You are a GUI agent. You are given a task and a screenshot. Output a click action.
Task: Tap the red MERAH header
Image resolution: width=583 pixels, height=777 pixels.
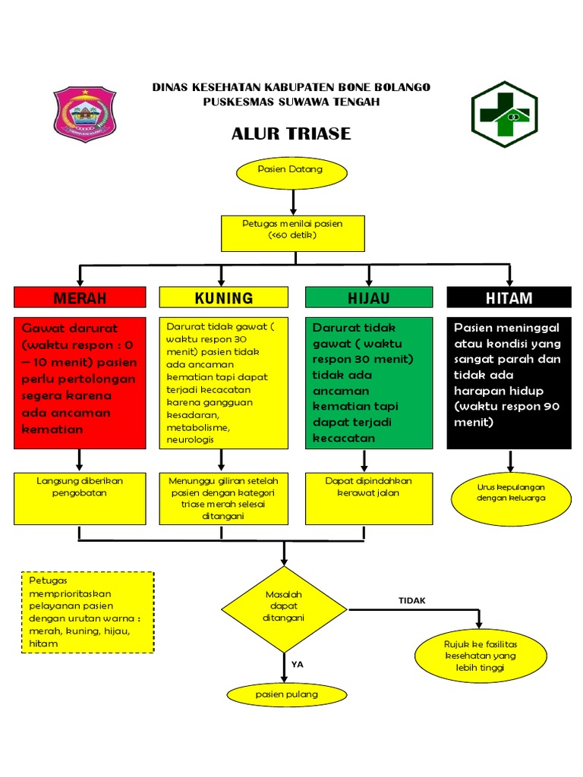coord(80,297)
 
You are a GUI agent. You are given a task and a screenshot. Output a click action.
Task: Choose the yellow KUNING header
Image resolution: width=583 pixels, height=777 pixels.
coord(223,297)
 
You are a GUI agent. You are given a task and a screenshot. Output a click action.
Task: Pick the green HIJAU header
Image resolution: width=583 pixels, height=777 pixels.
coord(368,297)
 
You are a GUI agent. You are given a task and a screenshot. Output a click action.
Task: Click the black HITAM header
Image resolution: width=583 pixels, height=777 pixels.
coord(509,297)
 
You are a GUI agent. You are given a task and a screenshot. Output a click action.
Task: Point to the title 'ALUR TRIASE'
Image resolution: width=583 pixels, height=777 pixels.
coord(291,134)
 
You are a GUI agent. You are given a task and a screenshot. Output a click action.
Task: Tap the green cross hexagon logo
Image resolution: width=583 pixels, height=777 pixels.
coord(504,114)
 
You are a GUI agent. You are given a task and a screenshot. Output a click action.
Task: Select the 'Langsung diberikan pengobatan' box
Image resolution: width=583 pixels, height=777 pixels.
coord(80,498)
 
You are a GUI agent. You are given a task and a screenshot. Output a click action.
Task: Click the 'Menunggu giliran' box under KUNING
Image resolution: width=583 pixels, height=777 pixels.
coord(223,498)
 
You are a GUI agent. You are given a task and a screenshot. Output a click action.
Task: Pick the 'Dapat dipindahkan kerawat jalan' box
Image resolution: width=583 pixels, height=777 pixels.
coord(368,498)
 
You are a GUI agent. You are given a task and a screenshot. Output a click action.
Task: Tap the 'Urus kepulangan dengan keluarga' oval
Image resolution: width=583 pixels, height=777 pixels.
coord(511,492)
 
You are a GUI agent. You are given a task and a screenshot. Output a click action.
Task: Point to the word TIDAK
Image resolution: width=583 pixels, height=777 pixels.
coord(412,600)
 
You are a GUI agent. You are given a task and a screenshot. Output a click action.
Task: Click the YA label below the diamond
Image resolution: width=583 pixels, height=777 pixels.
coord(298,663)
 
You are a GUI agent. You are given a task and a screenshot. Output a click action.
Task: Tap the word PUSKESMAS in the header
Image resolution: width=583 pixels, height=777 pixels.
coord(235,102)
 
